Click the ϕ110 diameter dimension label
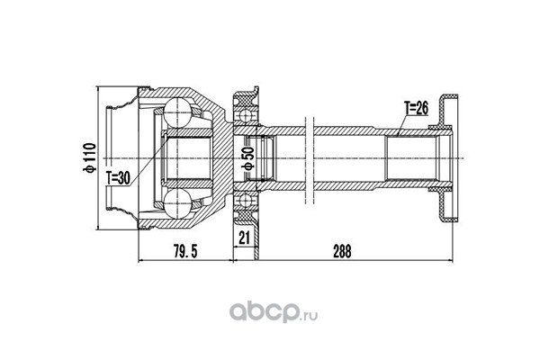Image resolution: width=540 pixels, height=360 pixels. [88, 157]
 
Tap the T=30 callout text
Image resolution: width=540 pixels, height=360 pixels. [118, 178]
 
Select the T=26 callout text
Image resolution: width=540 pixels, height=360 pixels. [416, 108]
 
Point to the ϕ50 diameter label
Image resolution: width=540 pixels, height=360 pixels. [249, 157]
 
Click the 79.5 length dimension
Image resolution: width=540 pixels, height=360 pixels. [185, 251]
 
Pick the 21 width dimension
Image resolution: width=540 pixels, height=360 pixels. [244, 238]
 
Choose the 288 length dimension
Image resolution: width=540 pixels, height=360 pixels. [342, 251]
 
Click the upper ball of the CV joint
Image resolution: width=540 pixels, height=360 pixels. [177, 112]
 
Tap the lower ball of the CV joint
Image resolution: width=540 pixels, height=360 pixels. [177, 203]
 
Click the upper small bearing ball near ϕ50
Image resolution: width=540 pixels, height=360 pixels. [245, 114]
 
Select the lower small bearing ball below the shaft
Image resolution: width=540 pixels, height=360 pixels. [245, 201]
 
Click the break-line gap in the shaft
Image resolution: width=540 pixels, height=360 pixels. [310, 158]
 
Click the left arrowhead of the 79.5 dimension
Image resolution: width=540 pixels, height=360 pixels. [140, 261]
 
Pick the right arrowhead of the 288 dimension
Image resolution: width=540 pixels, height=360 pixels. [450, 261]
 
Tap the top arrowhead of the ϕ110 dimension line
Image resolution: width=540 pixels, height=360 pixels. [98, 90]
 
